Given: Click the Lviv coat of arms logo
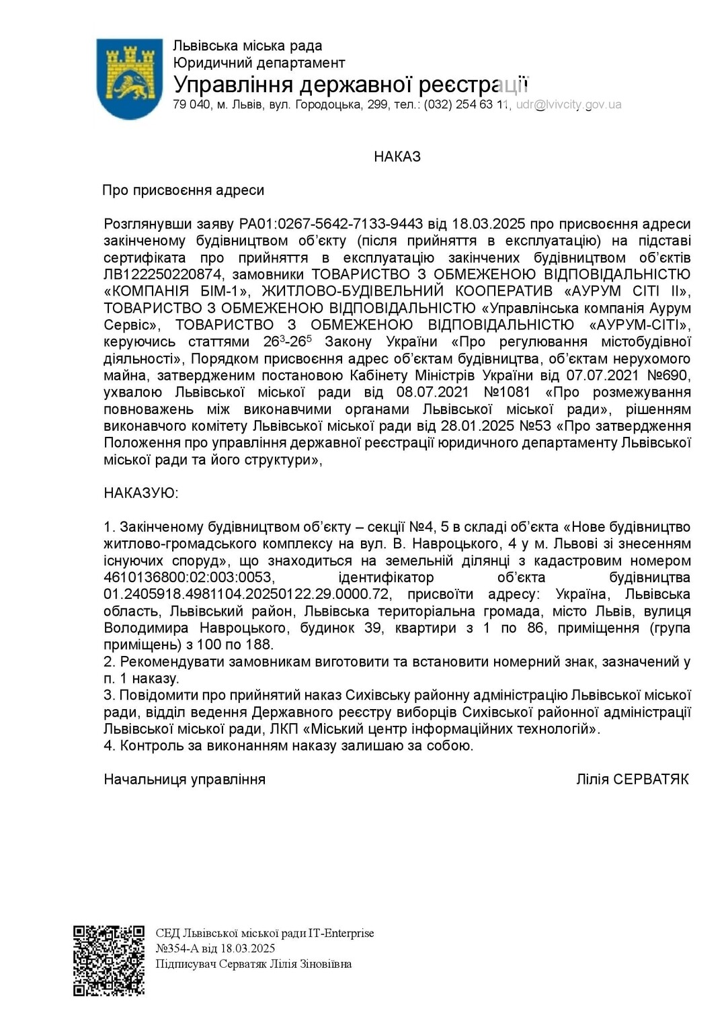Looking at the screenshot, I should coord(129,78).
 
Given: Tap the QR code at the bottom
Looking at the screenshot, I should coord(109,960).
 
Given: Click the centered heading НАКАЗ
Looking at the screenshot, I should coord(397,157).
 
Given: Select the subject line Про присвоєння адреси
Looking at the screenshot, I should coord(183,190).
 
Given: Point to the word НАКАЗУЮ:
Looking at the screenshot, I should coord(141,493).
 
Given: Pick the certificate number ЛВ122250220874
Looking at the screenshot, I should coord(163,274).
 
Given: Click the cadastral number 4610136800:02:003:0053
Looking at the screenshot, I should coord(189,577).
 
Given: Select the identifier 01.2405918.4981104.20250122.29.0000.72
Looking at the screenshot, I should coord(247,594).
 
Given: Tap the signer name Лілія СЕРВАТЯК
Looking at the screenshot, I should coord(633,779).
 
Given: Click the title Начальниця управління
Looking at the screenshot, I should coord(185,779).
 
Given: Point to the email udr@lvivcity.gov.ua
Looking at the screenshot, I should coord(569,105).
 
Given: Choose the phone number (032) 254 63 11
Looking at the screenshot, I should coord(468,105).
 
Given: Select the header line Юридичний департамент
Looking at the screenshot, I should coord(259,63).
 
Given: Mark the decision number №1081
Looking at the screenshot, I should coord(507,392).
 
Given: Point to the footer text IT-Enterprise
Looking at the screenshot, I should coord(341,933).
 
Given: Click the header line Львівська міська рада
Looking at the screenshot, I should coord(247,46).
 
